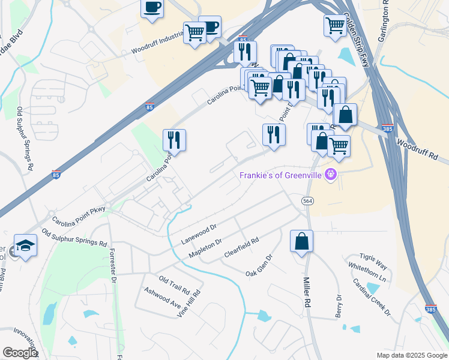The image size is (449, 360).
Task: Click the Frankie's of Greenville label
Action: coord(280,175)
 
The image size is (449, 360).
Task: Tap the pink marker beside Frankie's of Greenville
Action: coord(330,175)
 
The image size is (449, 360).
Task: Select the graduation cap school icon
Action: coord(25,245)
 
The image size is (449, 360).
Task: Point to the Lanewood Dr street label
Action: coord(198,233)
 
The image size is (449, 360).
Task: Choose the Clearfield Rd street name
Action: coord(241,248)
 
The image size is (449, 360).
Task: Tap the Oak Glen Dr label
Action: coord(259,265)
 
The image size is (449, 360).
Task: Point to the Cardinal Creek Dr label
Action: coord(372,298)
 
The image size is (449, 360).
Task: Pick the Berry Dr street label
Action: coord(339,306)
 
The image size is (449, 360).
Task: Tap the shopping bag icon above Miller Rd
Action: coord(301,241)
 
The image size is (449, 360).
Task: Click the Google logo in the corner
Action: coord(20,353)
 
